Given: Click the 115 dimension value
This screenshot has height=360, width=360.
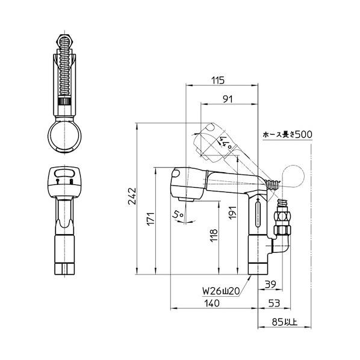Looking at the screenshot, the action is point(218,80).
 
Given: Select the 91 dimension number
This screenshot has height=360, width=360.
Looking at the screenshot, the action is point(228,99).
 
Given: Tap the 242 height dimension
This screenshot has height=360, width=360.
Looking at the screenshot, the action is point(132,197).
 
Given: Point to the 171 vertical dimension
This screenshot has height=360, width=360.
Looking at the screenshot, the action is point(151,219).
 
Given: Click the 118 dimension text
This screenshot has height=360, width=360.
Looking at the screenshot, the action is point(214,235).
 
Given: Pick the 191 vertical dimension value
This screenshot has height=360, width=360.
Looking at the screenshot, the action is point(232,213).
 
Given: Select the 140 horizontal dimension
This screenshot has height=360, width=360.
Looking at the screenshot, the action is point(212,303).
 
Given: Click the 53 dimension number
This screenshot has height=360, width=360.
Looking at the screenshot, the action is point(274,303).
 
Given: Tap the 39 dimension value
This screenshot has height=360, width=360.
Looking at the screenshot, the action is point(270,285).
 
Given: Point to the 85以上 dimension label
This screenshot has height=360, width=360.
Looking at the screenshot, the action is point(285,322).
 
